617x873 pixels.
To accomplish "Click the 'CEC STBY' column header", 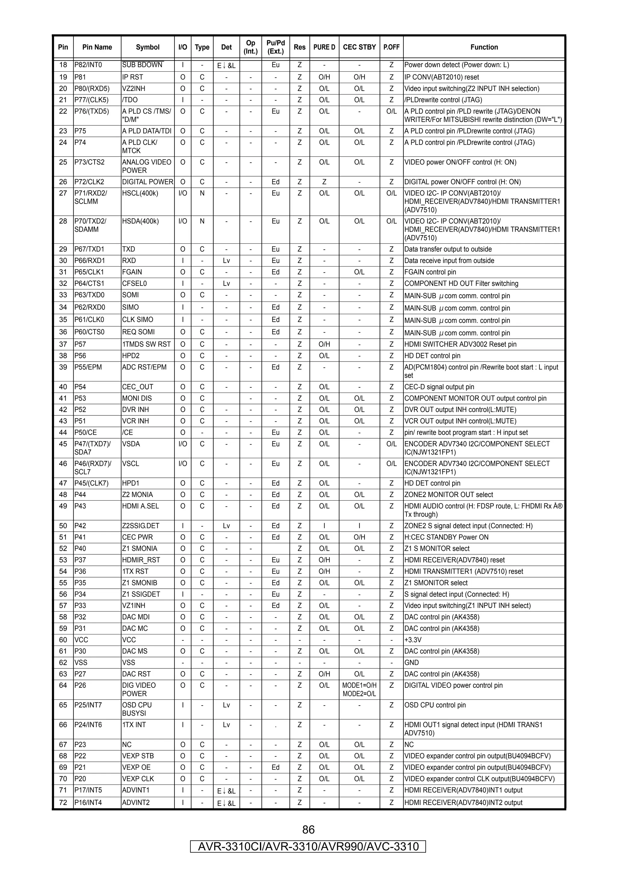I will pyautogui.click(x=359, y=47).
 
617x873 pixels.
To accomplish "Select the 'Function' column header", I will pyautogui.click(x=484, y=47).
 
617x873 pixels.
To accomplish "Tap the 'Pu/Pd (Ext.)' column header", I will pyautogui.click(x=275, y=47).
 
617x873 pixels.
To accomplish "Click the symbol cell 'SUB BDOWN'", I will pyautogui.click(x=142, y=65).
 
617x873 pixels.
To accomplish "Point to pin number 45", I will pyautogui.click(x=63, y=444).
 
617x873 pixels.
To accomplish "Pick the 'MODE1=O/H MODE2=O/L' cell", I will pyautogui.click(x=359, y=689).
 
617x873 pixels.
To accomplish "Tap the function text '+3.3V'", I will pyautogui.click(x=412, y=640).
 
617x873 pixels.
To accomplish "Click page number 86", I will pyautogui.click(x=308, y=829).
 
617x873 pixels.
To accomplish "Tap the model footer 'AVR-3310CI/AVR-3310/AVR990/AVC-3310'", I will pyautogui.click(x=308, y=846).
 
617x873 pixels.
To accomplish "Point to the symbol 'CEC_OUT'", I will pyautogui.click(x=137, y=387).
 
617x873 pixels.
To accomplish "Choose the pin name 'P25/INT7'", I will pyautogui.click(x=88, y=705).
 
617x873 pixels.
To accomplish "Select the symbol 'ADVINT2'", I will pyautogui.click(x=136, y=802).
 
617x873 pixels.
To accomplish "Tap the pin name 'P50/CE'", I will pyautogui.click(x=85, y=432).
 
